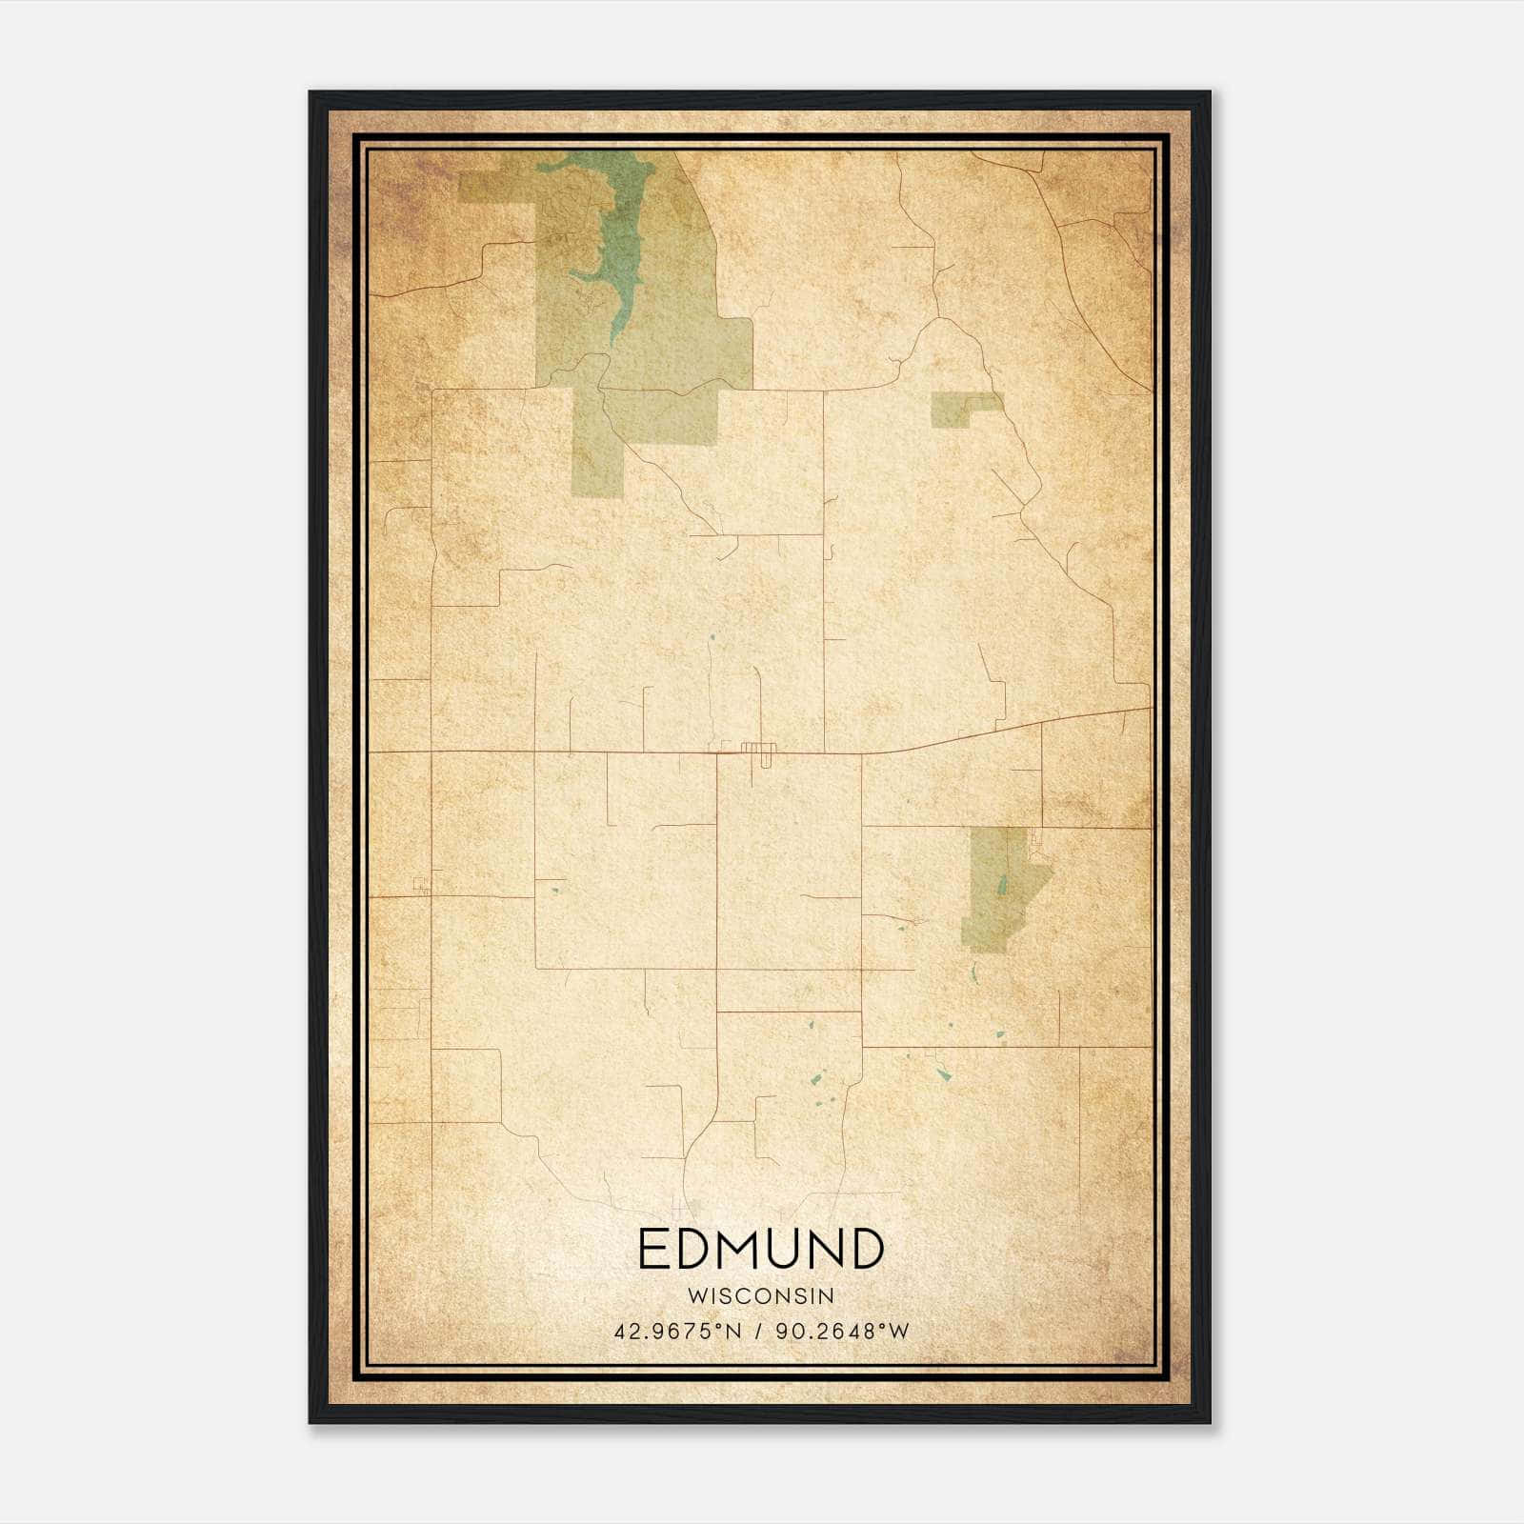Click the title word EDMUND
click(x=760, y=1249)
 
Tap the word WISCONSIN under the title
click(x=760, y=1296)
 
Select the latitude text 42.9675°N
click(x=677, y=1332)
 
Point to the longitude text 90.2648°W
click(x=842, y=1332)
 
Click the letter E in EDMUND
click(x=652, y=1249)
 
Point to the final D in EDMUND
click(x=865, y=1249)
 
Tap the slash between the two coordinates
click(x=759, y=1332)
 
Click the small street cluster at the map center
click(x=759, y=749)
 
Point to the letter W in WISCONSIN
click(x=695, y=1296)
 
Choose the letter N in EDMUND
click(x=826, y=1249)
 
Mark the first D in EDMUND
click(x=695, y=1249)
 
